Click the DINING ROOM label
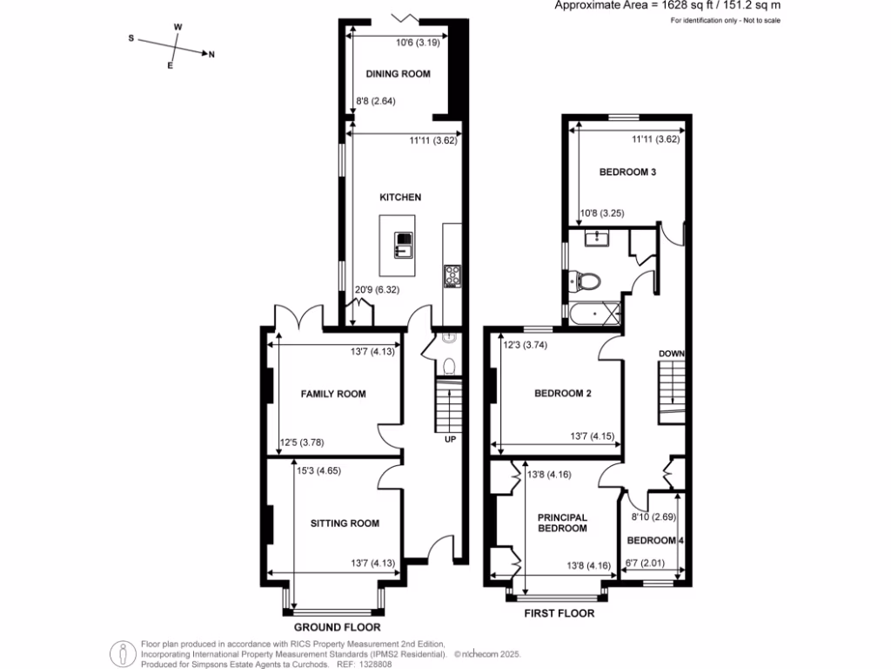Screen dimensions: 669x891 (398, 74)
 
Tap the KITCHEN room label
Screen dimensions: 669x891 (399, 198)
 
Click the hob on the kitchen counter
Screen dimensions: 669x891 (452, 274)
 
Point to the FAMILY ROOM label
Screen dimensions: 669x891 (333, 395)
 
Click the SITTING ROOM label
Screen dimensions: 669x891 (345, 524)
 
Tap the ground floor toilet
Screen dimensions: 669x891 (449, 364)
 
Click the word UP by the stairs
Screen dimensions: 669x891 (450, 439)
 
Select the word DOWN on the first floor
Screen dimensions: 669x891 (672, 353)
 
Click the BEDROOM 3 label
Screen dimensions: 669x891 (627, 172)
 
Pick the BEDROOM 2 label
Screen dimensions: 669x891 (562, 394)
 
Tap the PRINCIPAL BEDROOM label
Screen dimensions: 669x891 (561, 523)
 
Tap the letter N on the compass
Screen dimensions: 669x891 (211, 55)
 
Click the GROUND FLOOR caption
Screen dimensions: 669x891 (337, 627)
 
